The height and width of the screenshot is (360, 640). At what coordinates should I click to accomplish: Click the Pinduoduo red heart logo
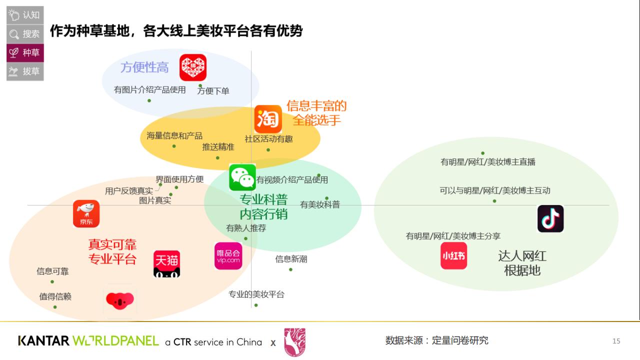click(x=193, y=67)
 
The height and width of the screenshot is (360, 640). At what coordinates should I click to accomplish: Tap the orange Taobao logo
click(x=268, y=119)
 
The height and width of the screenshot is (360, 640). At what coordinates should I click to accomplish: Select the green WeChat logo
click(x=242, y=177)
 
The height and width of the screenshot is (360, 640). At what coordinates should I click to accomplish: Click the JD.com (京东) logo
click(x=86, y=214)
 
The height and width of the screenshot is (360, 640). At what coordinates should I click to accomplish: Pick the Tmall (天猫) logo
click(x=166, y=264)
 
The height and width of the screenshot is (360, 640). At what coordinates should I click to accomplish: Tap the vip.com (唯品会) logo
click(x=228, y=256)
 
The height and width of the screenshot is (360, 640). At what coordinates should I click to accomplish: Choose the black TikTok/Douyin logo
click(x=550, y=219)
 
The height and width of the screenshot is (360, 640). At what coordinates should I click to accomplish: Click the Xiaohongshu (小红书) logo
click(x=453, y=256)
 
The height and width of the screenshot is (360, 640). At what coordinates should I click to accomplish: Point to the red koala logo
click(x=120, y=300)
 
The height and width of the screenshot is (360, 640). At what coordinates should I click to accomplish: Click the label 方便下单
click(x=213, y=91)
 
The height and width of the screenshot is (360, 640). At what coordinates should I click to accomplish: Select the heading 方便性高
click(x=144, y=67)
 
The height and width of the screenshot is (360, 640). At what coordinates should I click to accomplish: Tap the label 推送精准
click(x=218, y=147)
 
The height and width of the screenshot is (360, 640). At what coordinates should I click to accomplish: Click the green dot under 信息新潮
click(x=290, y=270)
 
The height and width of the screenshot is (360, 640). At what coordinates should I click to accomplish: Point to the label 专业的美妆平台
click(x=256, y=294)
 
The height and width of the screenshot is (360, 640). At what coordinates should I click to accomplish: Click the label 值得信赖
click(x=55, y=296)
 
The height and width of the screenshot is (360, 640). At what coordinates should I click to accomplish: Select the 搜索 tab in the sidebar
click(x=25, y=34)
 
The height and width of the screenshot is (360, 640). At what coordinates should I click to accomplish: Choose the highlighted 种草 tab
click(x=25, y=52)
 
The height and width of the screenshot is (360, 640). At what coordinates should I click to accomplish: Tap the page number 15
click(x=616, y=341)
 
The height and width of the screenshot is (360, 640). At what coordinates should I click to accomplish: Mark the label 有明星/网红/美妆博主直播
click(x=487, y=162)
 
